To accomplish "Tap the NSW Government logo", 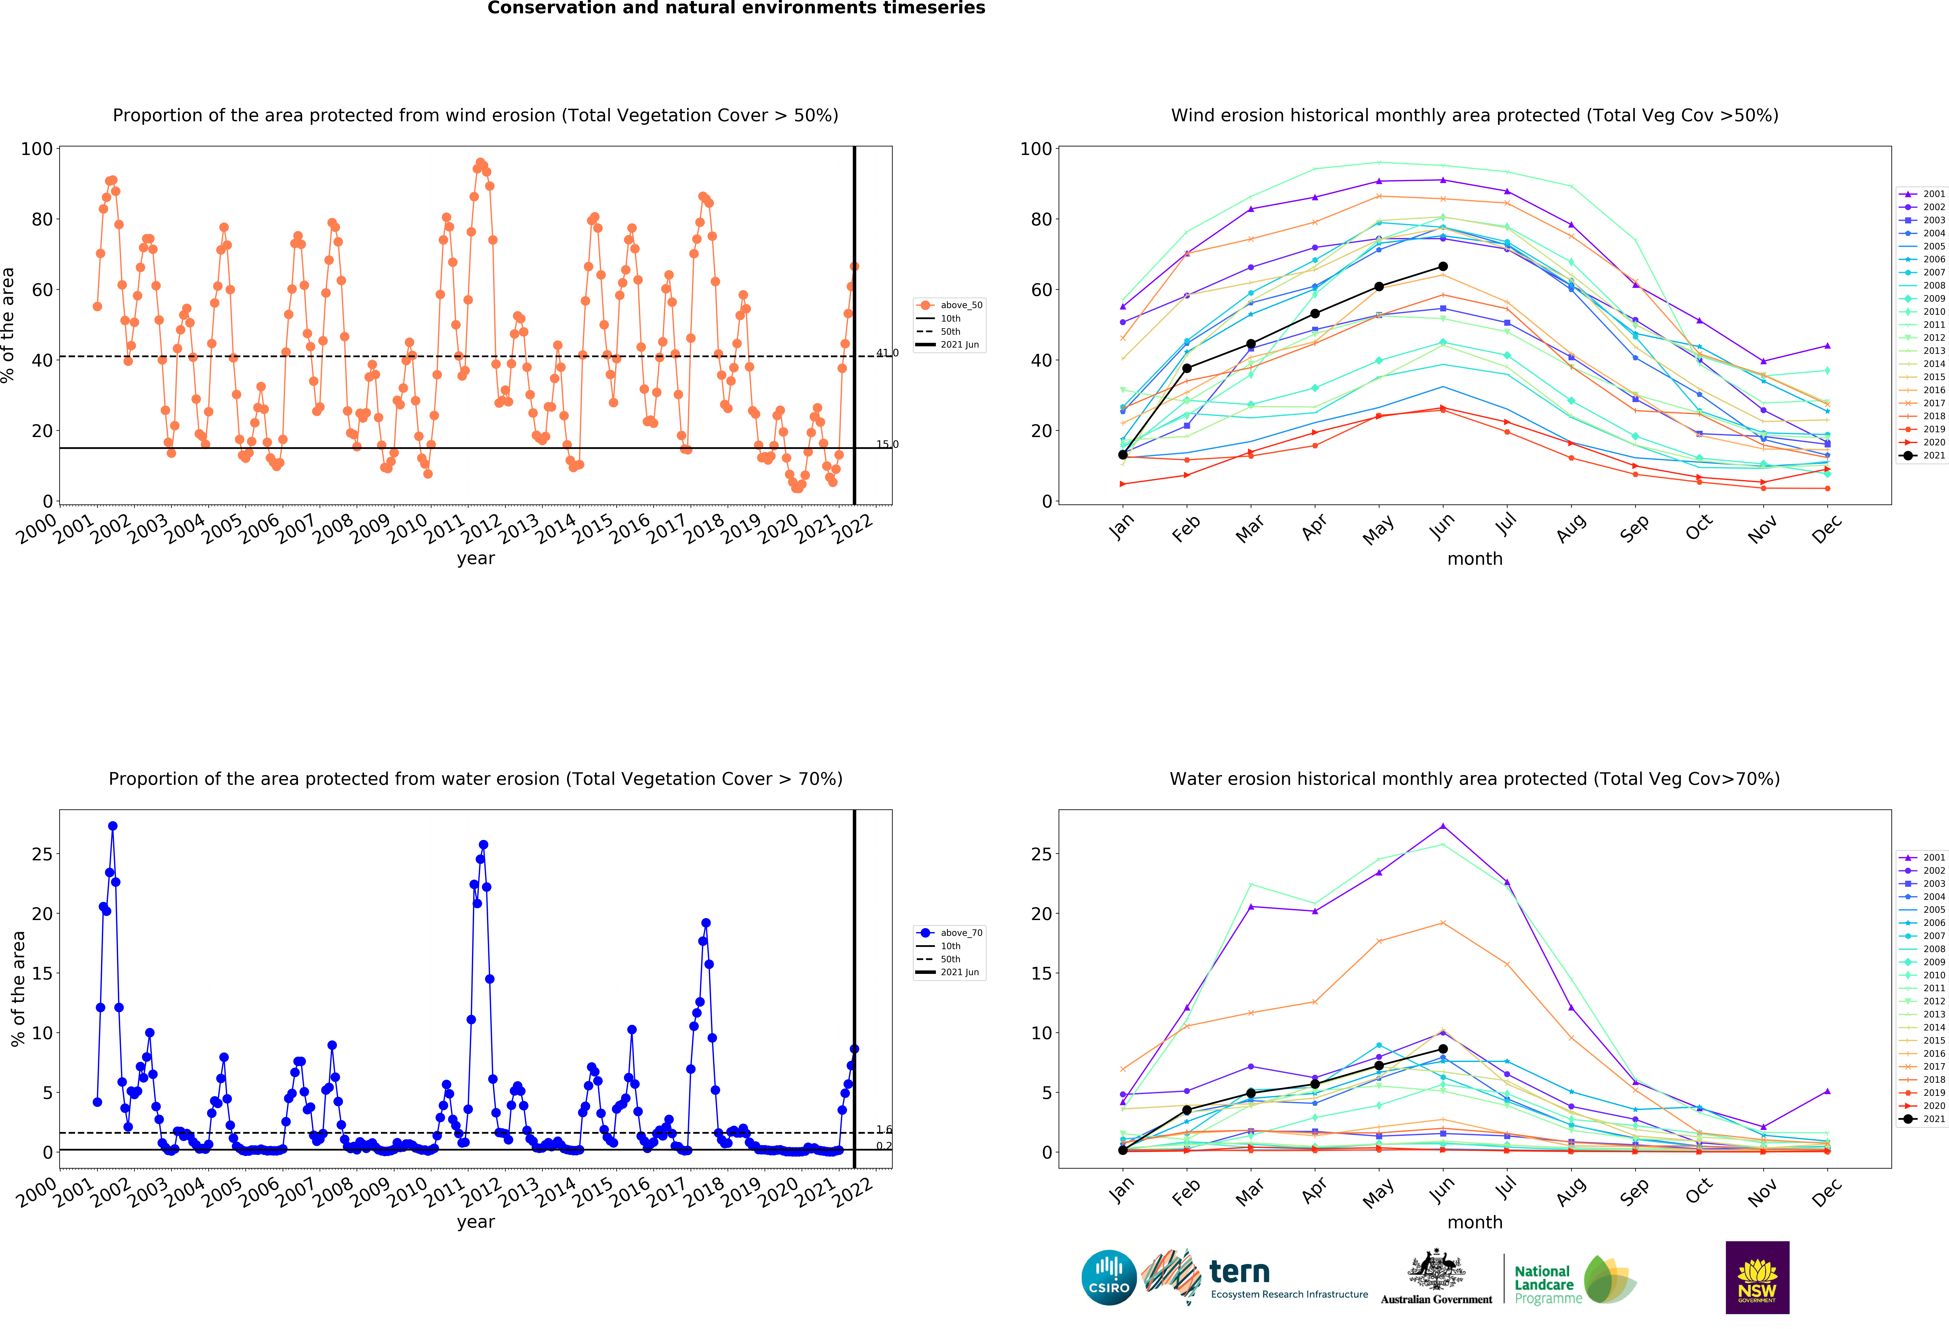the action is [x=1757, y=1277].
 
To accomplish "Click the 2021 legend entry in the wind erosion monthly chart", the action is [x=1921, y=456].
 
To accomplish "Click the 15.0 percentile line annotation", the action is [x=887, y=445].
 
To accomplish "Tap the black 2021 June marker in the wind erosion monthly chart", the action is [x=1442, y=267].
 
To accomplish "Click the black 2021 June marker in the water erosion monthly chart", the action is [x=1442, y=1049].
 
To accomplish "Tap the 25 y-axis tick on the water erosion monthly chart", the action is [x=1042, y=854].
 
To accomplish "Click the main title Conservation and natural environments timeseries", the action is [x=736, y=8].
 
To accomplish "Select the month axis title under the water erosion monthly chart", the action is [x=1474, y=1222].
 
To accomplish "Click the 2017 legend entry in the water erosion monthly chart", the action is [x=1921, y=1066].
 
